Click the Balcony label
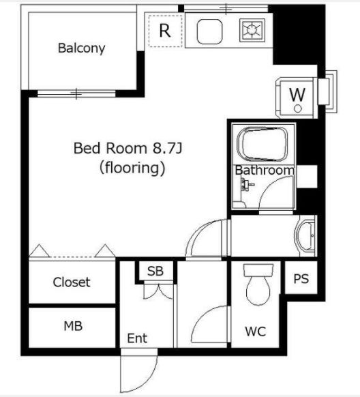pos(81,48)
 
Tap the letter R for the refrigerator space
pos(165,31)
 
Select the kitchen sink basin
pos(209,31)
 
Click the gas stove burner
pos(252,30)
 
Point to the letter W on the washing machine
pos(297,95)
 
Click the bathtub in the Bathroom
pos(262,144)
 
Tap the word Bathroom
pos(265,170)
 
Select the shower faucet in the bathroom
pos(246,184)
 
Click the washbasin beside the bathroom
pos(305,236)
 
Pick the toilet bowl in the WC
pos(258,285)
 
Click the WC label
pos(256,331)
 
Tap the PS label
pos(301,278)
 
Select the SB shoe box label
pos(155,271)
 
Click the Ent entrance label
pos(137,338)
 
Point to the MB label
pos(73,326)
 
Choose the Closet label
pos(72,282)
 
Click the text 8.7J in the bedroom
pos(167,149)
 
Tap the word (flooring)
pos(132,168)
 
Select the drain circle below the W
pos(298,109)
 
